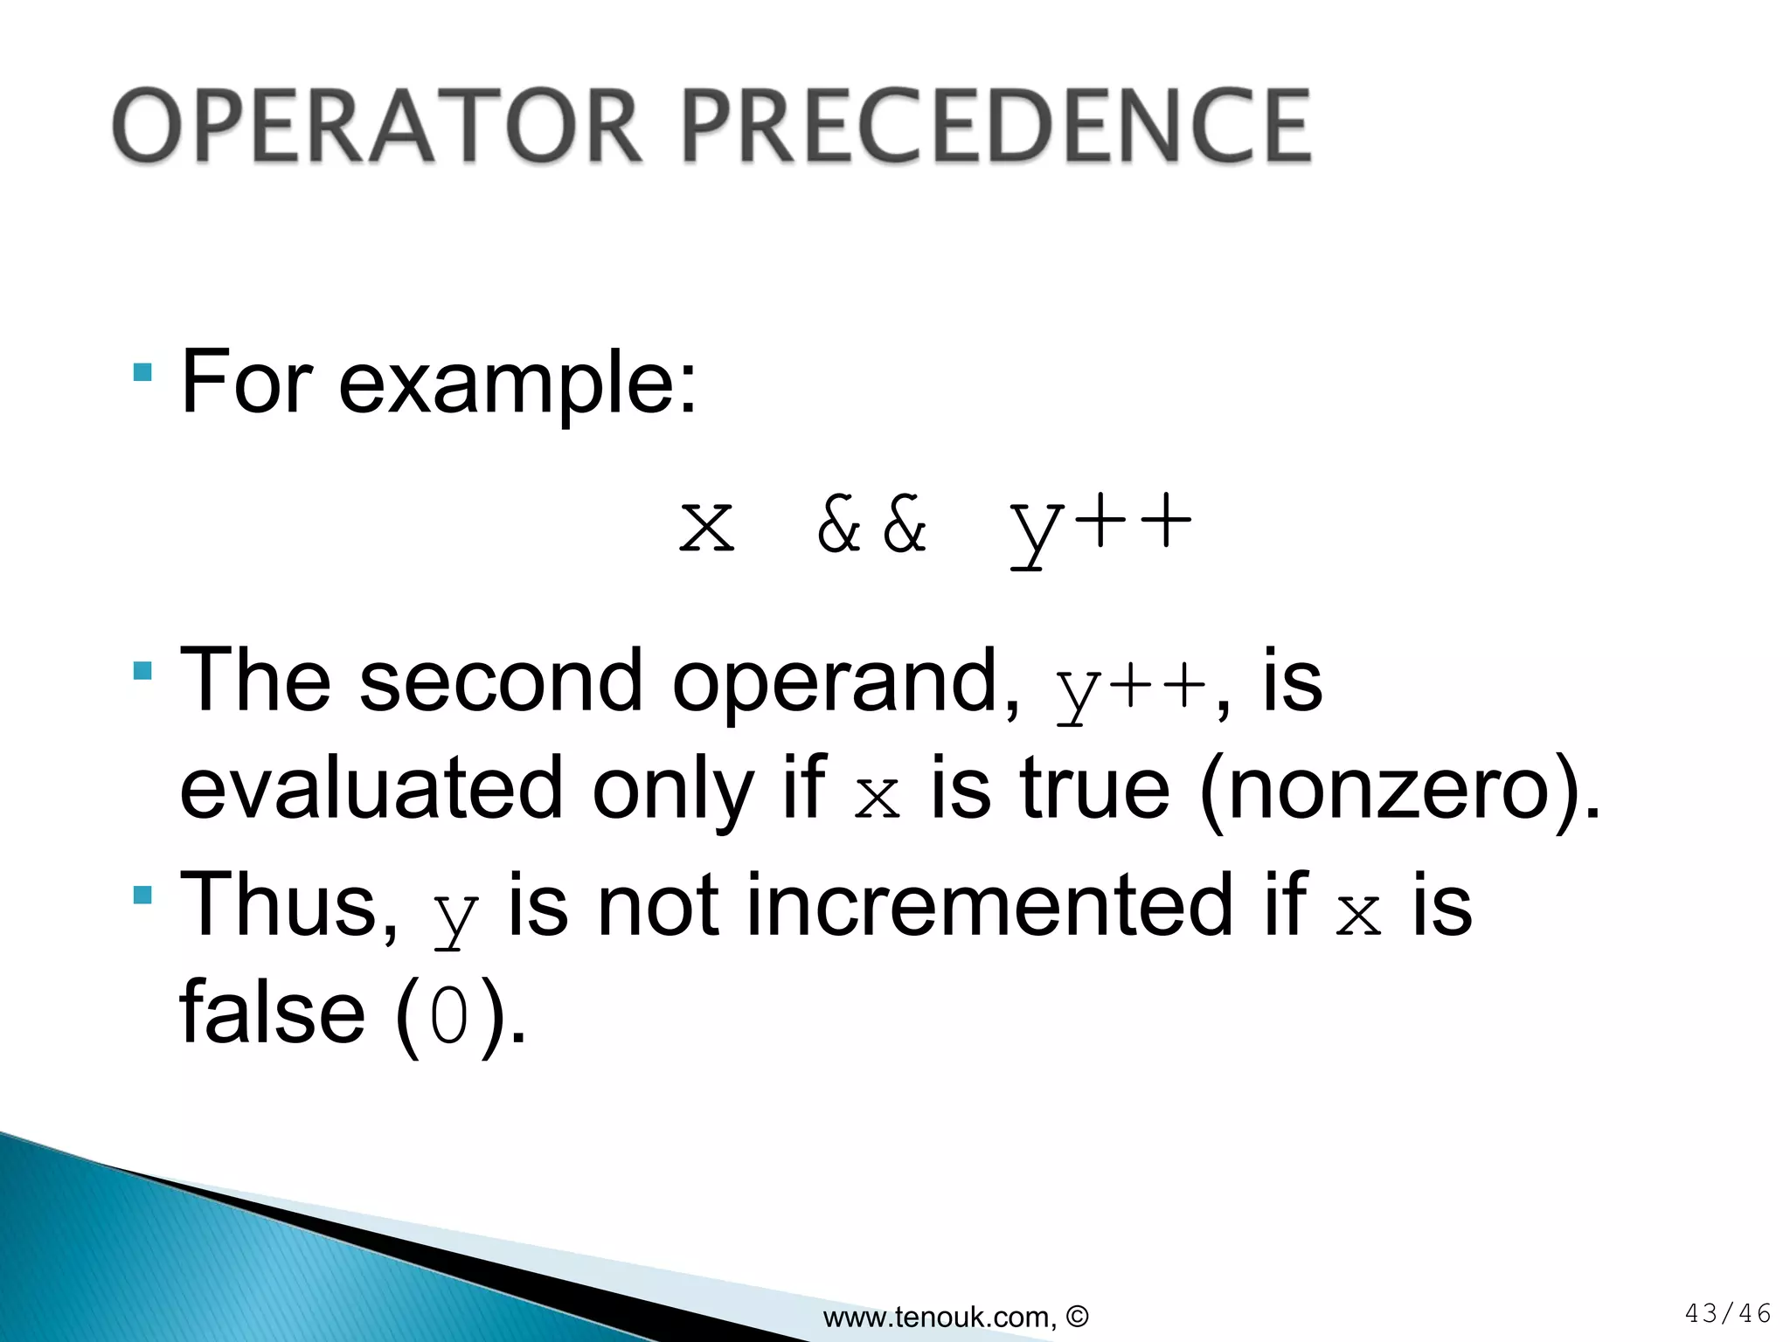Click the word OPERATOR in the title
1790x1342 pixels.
pos(378,127)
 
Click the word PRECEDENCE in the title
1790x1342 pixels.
pos(996,127)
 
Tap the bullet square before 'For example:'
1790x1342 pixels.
pos(142,373)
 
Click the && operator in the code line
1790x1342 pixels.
pos(871,525)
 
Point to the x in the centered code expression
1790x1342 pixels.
pos(707,527)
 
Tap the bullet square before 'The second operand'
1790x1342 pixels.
pos(142,671)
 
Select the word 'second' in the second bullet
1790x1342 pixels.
pos(501,682)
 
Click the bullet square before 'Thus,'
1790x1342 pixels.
pos(142,895)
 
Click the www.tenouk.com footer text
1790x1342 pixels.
pos(955,1316)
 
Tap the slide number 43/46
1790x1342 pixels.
pos(1727,1313)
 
